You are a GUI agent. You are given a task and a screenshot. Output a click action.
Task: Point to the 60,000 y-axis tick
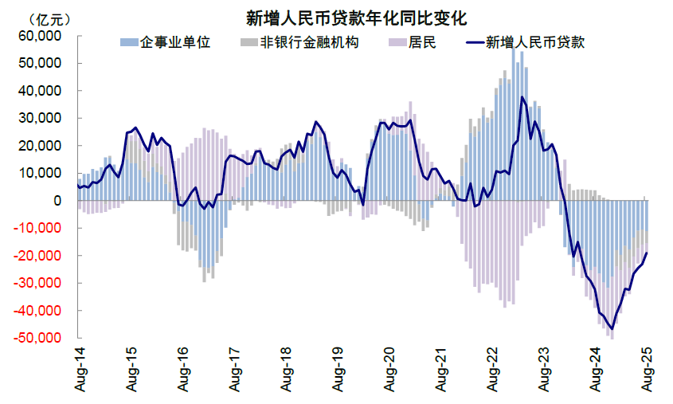[x=40, y=36]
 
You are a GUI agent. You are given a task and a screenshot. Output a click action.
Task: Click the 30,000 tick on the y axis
[x=40, y=118]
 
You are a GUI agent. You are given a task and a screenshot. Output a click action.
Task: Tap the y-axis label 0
[x=58, y=200]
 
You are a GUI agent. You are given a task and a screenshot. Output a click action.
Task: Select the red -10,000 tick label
[x=38, y=228]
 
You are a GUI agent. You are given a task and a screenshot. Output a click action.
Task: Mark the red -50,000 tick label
[x=38, y=338]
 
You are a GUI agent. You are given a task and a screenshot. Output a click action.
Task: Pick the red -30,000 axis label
[x=38, y=283]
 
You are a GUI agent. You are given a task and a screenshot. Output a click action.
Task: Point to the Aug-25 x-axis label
[x=646, y=369]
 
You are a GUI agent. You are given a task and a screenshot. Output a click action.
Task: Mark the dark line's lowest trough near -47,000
[x=612, y=329]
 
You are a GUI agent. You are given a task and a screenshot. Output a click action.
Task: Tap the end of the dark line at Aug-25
[x=647, y=253]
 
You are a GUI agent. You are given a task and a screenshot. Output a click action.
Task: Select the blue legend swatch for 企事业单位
[x=127, y=42]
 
